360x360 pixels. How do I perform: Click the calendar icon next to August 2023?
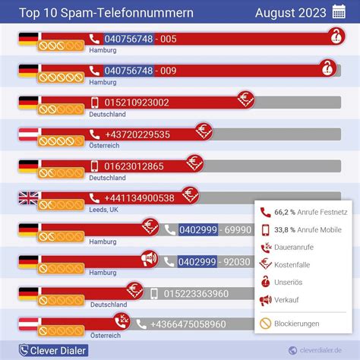(x=339, y=12)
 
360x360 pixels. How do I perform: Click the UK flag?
(x=28, y=198)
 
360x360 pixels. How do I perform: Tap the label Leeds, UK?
(x=103, y=210)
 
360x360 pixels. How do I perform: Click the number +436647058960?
(x=188, y=324)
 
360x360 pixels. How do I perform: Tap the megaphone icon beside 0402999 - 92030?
(x=149, y=261)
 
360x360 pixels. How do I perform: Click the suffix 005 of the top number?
(x=169, y=39)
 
